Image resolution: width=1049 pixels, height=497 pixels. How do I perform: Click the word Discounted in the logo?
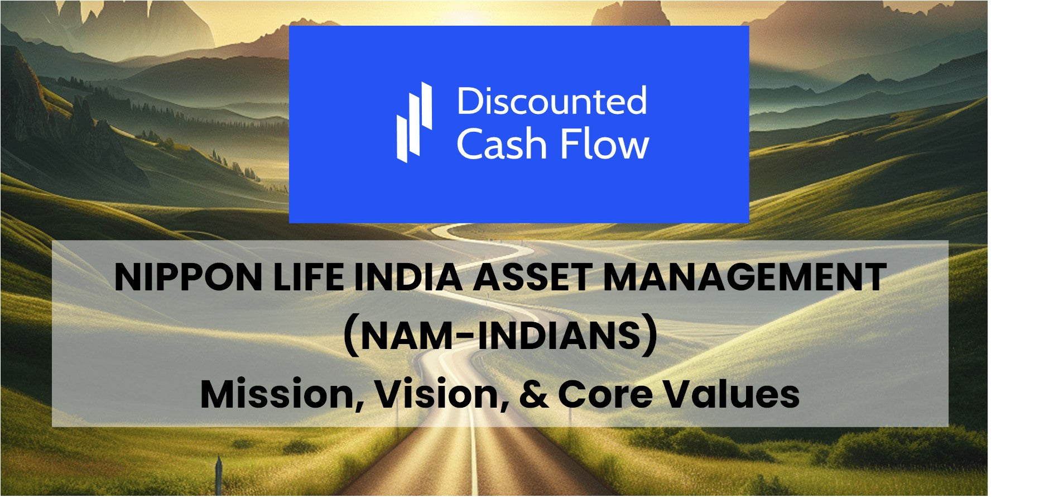click(552, 101)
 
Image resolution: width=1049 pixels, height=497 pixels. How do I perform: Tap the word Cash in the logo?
click(501, 144)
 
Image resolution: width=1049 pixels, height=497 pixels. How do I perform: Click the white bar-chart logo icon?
click(414, 122)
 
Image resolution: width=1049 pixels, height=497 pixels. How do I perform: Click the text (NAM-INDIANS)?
click(500, 336)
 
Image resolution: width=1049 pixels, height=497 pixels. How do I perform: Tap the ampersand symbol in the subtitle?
click(533, 394)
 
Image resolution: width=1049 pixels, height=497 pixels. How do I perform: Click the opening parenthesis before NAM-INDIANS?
click(351, 337)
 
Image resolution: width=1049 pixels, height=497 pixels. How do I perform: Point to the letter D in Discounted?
click(468, 101)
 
